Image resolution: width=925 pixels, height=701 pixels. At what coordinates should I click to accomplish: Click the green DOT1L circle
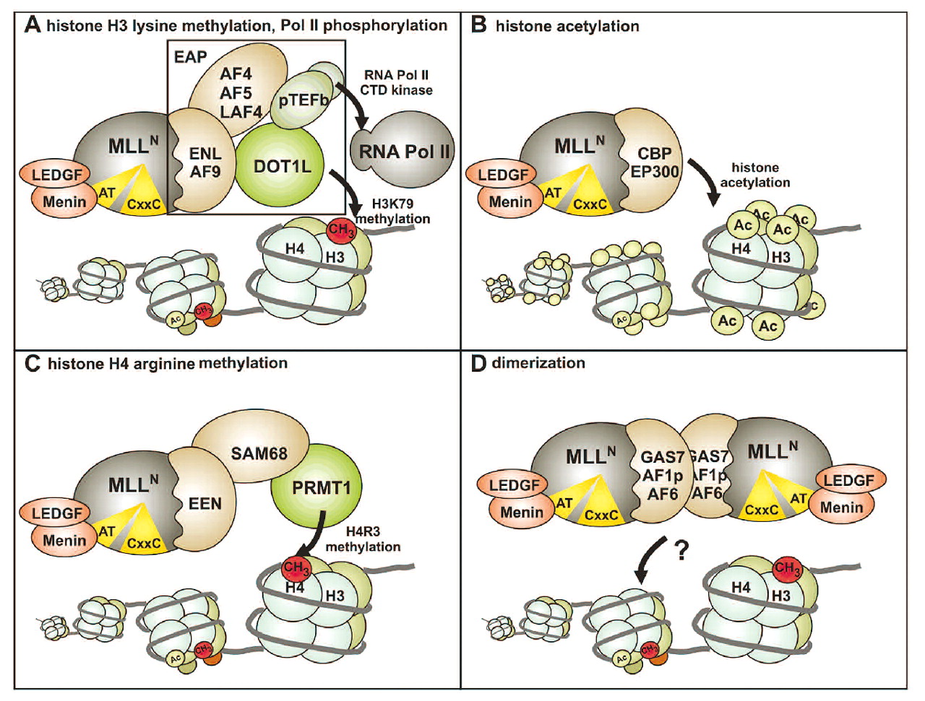coord(282,167)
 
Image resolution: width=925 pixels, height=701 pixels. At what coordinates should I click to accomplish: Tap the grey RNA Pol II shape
coord(405,152)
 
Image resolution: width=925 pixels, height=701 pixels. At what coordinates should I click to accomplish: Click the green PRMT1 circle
coord(320,489)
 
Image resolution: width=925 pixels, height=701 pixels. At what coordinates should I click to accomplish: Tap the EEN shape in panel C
coord(205,503)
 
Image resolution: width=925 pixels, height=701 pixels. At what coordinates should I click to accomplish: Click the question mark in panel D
coord(680,551)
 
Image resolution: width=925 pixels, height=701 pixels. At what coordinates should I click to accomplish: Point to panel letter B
coord(478,25)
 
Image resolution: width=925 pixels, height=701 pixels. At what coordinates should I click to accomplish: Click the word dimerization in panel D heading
coord(538,363)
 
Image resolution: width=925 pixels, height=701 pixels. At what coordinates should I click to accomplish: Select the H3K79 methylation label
coord(392,212)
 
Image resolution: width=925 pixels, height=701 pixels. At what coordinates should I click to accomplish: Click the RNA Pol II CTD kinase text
coord(396,82)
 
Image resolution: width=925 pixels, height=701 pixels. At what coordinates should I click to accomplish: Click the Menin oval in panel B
coord(510,202)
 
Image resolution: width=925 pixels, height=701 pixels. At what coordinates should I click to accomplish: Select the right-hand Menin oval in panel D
coord(841,508)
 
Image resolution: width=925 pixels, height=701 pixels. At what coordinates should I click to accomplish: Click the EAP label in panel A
coord(190,57)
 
